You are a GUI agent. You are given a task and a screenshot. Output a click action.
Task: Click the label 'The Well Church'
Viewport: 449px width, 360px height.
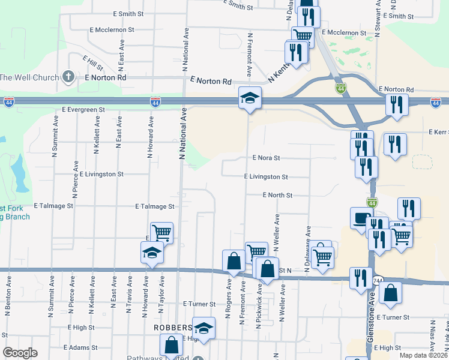pos(29,77)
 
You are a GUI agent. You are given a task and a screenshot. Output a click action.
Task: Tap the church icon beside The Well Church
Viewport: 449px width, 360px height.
pos(68,77)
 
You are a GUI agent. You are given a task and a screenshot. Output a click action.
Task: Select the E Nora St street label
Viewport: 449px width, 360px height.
pos(266,158)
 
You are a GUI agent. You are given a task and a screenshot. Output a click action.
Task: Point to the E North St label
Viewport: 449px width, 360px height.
pos(277,195)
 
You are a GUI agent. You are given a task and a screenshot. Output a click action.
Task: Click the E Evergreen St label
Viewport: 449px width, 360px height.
pos(83,110)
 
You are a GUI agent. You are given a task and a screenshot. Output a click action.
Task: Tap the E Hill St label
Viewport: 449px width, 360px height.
pos(94,62)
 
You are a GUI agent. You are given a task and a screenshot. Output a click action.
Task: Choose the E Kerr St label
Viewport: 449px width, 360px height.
pos(438,132)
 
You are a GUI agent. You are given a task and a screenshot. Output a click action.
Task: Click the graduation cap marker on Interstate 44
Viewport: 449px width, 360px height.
pos(250,98)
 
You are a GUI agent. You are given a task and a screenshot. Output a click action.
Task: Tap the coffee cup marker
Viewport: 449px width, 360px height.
pos(361,218)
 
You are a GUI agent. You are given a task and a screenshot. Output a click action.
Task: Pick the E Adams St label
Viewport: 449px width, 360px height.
pos(80,347)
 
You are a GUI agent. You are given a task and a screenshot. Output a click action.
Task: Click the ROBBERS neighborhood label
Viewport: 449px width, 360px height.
pos(172,328)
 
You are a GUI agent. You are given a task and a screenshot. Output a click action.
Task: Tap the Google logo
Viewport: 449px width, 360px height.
pos(20,353)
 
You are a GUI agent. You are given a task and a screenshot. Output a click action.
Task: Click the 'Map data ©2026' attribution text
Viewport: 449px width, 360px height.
pos(423,355)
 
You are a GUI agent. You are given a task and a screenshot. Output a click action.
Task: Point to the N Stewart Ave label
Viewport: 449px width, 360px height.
pos(378,18)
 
